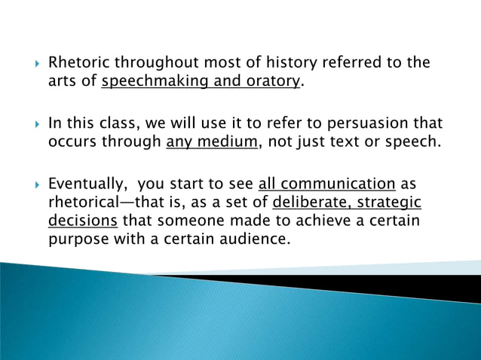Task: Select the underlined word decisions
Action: [x=82, y=222]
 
